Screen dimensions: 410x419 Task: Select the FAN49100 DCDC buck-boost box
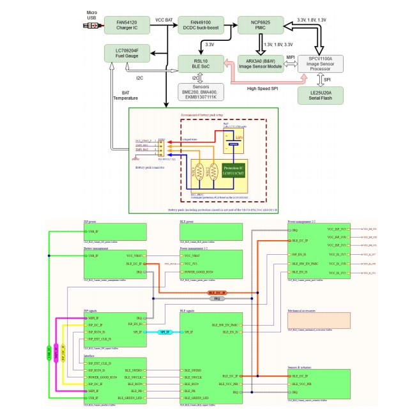click(201, 25)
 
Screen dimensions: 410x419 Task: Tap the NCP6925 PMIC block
click(261, 25)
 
